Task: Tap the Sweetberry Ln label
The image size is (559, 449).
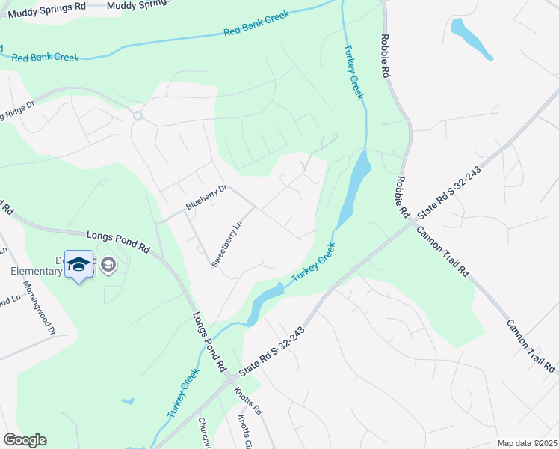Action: tap(228, 243)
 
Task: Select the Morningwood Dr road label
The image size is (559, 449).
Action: tap(40, 308)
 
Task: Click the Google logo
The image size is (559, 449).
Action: tap(25, 440)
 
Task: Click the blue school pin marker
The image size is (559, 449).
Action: tap(79, 266)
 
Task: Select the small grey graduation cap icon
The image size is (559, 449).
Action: tap(108, 264)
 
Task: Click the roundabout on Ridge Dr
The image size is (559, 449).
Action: tap(138, 115)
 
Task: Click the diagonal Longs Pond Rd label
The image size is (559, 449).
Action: tap(209, 342)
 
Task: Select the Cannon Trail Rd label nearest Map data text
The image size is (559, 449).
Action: tap(530, 346)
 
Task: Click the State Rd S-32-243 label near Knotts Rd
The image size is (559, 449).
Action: tap(272, 352)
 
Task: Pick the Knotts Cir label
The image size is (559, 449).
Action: tap(246, 432)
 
